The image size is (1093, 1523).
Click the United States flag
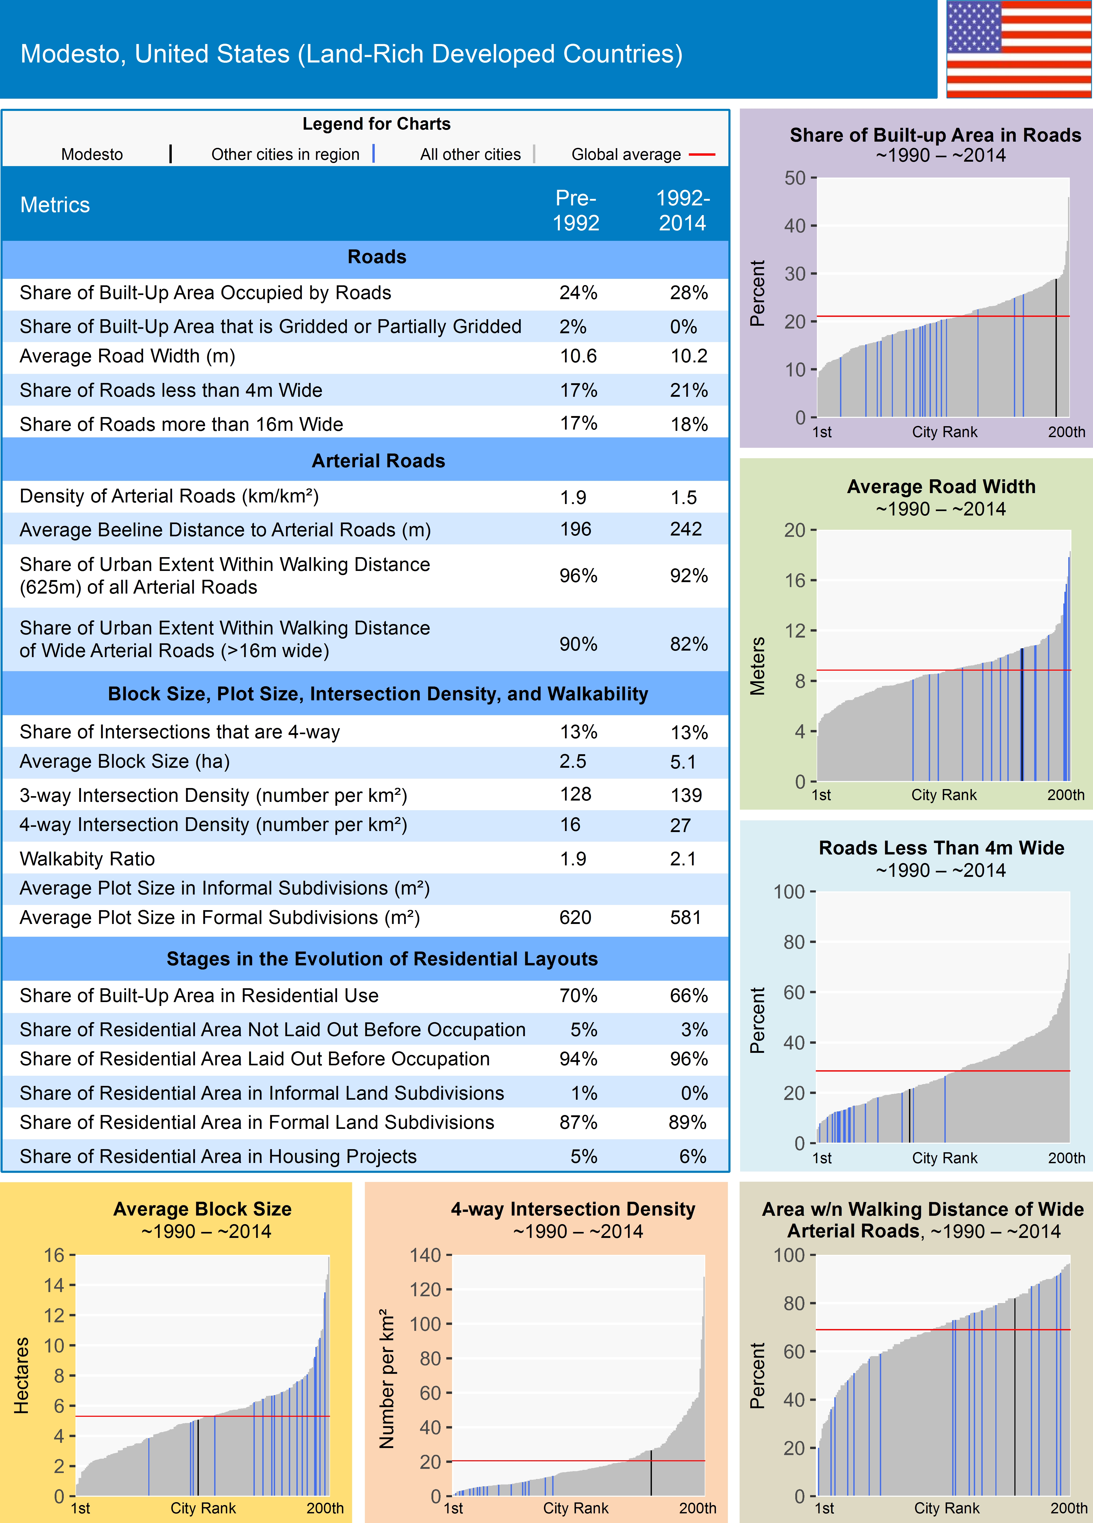coord(1019,49)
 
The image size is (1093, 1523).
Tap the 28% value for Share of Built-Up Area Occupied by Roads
coord(688,293)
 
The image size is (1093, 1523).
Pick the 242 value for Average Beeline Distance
coord(685,529)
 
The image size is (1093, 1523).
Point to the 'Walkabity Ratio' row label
coord(87,859)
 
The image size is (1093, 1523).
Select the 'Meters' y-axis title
coord(757,666)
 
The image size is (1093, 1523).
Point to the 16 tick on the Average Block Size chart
coord(54,1255)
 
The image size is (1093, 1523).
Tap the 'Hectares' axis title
coord(22,1375)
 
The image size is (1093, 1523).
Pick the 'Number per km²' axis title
coord(387,1378)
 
